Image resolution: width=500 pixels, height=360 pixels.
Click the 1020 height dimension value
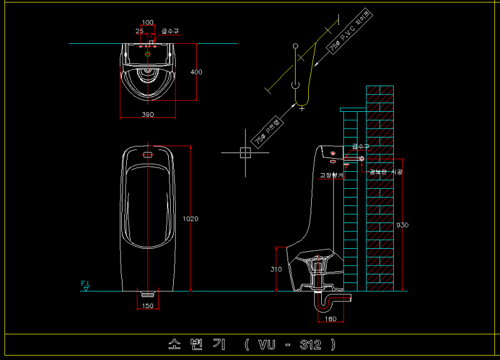(x=190, y=219)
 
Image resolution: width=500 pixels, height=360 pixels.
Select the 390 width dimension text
(x=147, y=114)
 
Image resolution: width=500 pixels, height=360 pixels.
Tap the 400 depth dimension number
(x=196, y=72)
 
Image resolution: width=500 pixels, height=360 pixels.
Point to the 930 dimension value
(x=402, y=225)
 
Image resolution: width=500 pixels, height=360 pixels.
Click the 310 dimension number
(x=276, y=269)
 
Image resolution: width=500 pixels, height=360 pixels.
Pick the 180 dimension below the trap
(x=331, y=319)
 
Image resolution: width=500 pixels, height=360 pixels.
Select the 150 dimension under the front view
(x=147, y=306)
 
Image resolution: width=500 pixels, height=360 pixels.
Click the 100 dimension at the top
(x=147, y=22)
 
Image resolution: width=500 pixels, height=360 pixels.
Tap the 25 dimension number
(x=139, y=30)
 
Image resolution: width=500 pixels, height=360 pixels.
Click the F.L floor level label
(x=85, y=284)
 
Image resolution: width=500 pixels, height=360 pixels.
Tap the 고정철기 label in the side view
(x=331, y=176)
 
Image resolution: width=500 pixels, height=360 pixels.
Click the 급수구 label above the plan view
(x=170, y=30)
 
